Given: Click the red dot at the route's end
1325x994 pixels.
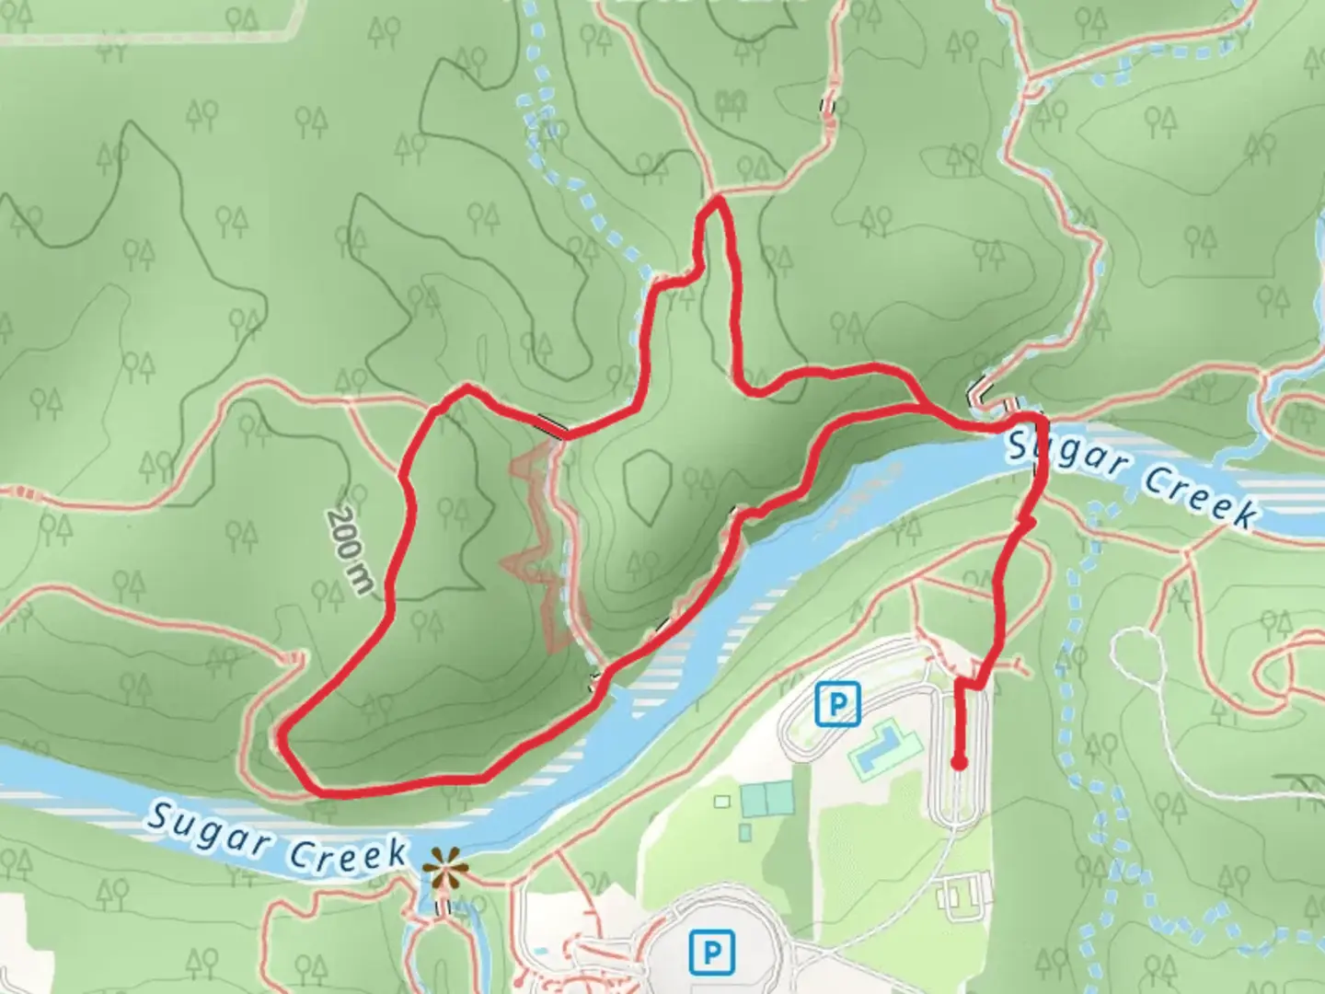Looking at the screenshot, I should pyautogui.click(x=959, y=762).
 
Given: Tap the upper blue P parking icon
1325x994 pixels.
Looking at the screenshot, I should pyautogui.click(x=837, y=705).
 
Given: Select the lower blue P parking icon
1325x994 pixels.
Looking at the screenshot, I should pyautogui.click(x=710, y=951).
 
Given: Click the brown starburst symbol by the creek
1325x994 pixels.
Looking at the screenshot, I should pyautogui.click(x=445, y=868).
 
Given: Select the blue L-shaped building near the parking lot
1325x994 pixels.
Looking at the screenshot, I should pyautogui.click(x=879, y=748).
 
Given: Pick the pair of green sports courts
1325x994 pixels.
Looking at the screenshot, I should pyautogui.click(x=766, y=798).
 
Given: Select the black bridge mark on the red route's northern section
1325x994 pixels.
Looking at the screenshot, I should pyautogui.click(x=552, y=425).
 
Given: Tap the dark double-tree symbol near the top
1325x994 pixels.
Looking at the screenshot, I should pyautogui.click(x=731, y=100).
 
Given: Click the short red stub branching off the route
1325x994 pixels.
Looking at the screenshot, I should pyautogui.click(x=1025, y=523).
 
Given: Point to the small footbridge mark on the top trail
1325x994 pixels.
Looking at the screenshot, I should pyautogui.click(x=828, y=107).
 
